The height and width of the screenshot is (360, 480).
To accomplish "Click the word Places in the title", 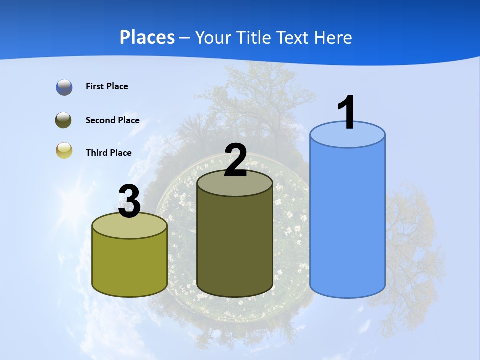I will [x=147, y=37].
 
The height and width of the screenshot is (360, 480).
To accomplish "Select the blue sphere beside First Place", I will [x=64, y=87].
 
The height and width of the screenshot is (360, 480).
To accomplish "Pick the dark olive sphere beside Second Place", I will [x=64, y=120].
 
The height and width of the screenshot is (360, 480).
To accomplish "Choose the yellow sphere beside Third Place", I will [x=64, y=150].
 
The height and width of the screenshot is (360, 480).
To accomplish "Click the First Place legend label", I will [x=107, y=86].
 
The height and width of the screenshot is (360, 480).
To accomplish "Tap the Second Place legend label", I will [x=112, y=120].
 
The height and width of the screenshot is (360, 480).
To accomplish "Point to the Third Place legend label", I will [x=108, y=153].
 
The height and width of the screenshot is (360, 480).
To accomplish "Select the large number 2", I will [x=235, y=160].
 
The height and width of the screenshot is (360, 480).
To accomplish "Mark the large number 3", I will [x=129, y=201].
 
